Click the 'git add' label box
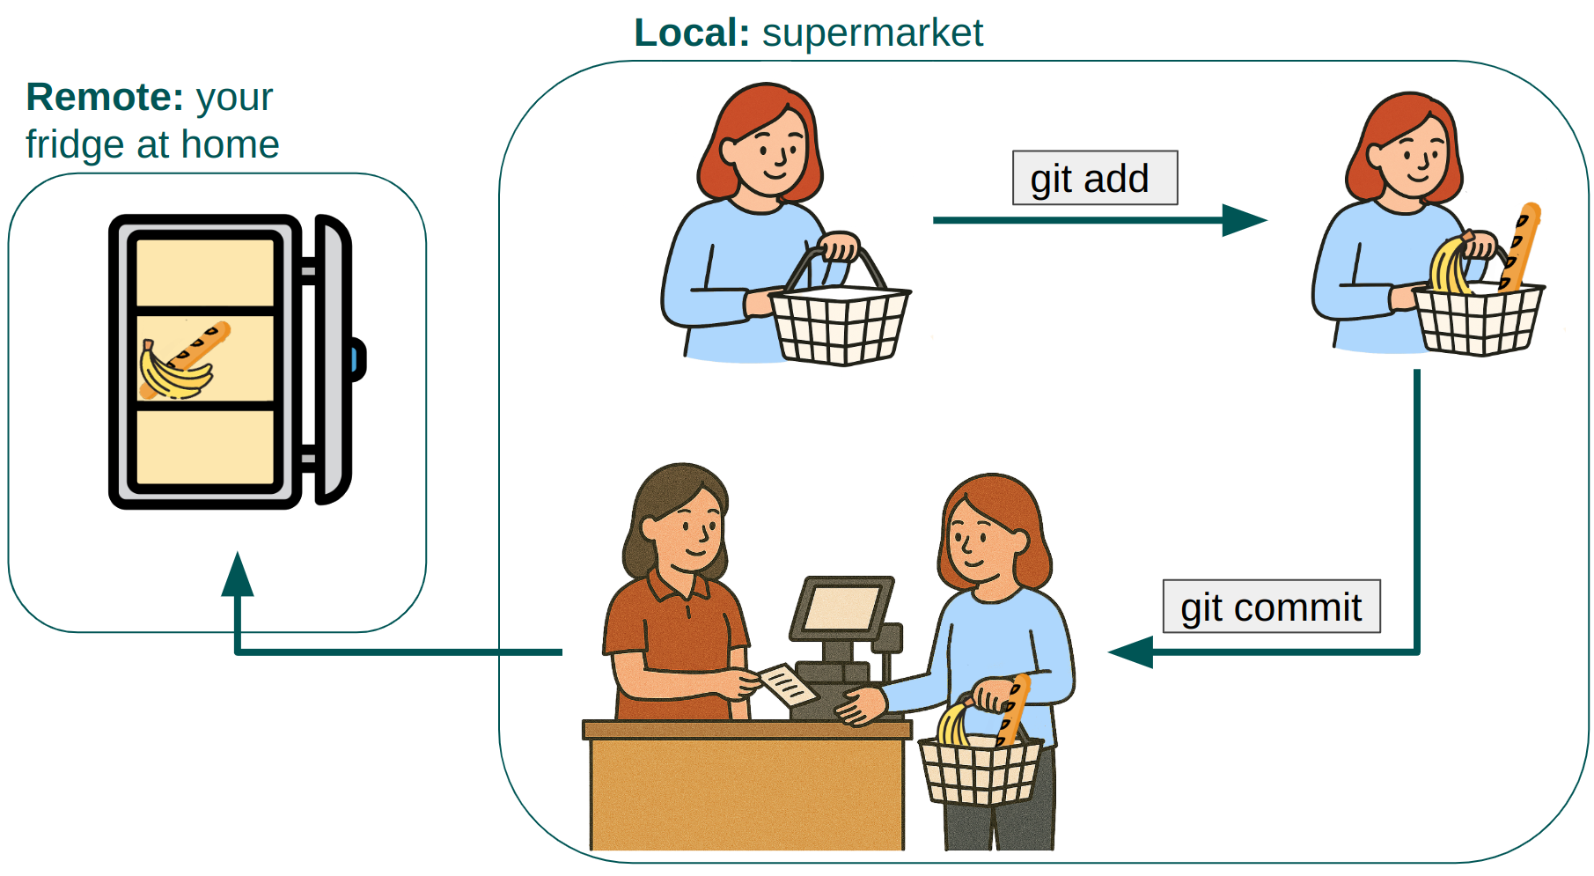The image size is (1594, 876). [1094, 178]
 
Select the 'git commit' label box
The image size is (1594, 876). [1271, 607]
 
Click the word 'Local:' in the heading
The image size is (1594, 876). [692, 33]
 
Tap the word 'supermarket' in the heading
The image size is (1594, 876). [872, 33]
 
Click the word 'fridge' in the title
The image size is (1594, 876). [75, 144]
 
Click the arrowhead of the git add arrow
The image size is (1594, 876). [1245, 220]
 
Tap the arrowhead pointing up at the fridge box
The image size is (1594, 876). [238, 574]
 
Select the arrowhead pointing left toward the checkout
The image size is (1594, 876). [1130, 652]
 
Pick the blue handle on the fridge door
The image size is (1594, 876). [356, 359]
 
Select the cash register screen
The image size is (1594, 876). [842, 608]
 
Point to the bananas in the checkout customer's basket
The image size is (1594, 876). [952, 724]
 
